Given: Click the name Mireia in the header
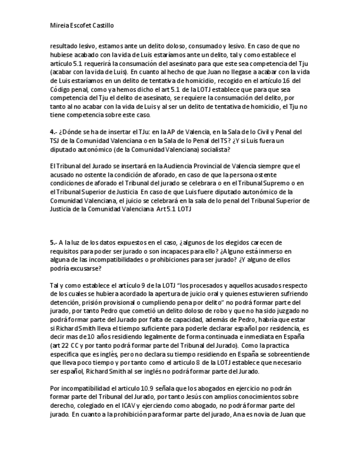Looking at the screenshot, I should pos(59,25).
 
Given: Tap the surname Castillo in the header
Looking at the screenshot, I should pos(101,25).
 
